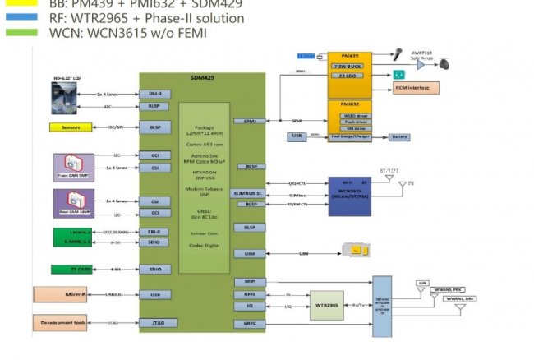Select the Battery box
pos(399,137)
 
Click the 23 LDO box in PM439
pos(350,76)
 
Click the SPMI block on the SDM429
pos(249,121)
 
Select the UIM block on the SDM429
pos(249,255)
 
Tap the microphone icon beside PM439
pos(397,56)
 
